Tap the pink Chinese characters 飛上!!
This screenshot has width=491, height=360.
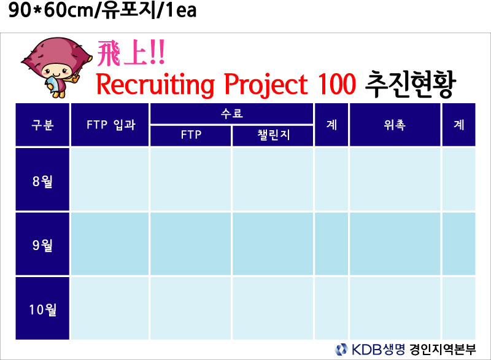click(x=131, y=53)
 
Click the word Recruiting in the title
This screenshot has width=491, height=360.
click(x=155, y=85)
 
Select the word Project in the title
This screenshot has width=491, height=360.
click(x=266, y=85)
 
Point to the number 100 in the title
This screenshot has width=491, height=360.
click(x=336, y=84)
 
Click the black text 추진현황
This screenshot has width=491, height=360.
click(x=410, y=84)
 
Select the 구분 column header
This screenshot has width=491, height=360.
click(x=42, y=125)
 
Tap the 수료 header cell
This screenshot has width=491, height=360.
click(x=232, y=114)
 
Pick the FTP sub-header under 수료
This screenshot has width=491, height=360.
click(x=191, y=136)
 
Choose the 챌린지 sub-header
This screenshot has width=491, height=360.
click(x=273, y=136)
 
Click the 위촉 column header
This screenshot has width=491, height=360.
click(x=395, y=125)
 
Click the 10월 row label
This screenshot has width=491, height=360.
click(x=42, y=308)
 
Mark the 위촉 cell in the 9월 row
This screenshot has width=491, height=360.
click(x=395, y=244)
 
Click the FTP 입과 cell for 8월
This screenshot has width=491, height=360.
click(x=110, y=179)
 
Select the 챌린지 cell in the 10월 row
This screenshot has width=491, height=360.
click(x=273, y=308)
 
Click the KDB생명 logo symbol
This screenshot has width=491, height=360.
click(x=341, y=350)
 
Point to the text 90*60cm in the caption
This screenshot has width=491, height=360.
click(x=51, y=10)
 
